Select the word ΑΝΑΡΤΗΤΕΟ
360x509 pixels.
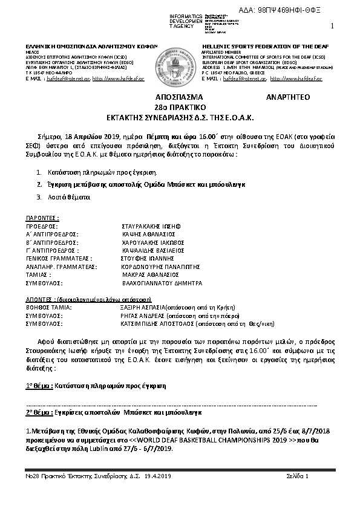click(x=287, y=97)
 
